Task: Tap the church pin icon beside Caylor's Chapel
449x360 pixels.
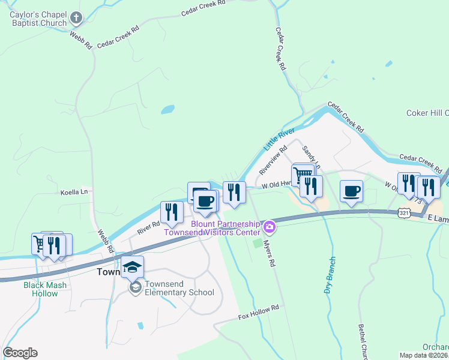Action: (76, 18)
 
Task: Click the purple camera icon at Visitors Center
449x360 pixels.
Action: (270, 226)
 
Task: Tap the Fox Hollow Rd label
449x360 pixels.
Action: (259, 311)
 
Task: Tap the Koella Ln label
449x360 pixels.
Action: (74, 192)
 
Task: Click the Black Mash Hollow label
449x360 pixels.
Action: (45, 289)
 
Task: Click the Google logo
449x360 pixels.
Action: (20, 353)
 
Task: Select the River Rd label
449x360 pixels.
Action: (148, 227)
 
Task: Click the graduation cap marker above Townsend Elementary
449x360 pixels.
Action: (132, 266)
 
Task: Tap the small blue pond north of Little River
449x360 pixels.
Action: (167, 110)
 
